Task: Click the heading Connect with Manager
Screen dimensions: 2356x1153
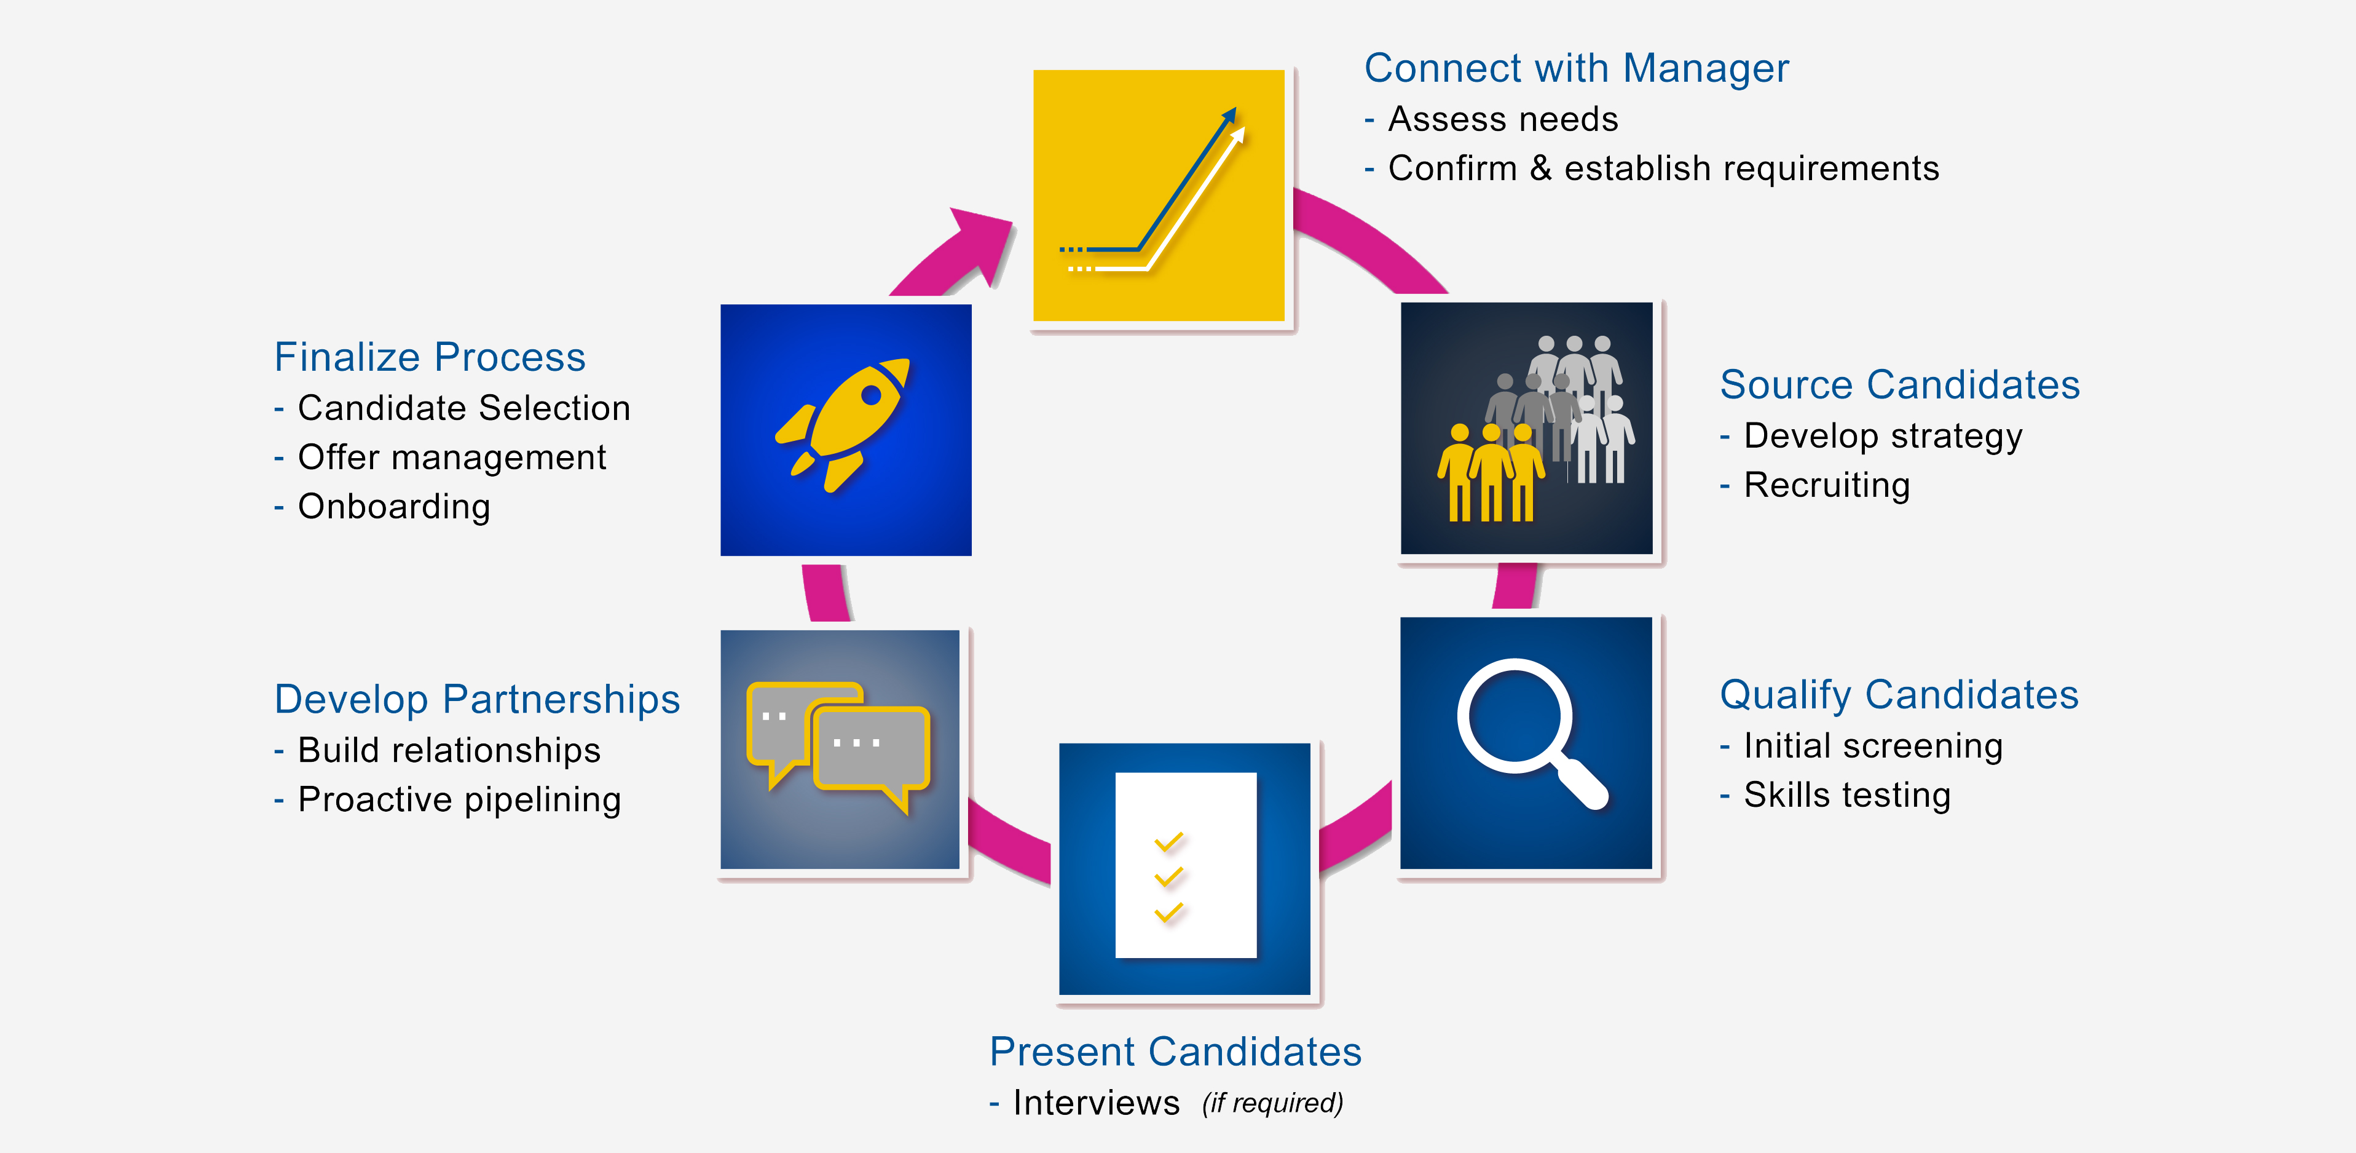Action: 1576,69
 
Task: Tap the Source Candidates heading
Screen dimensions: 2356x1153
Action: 1900,385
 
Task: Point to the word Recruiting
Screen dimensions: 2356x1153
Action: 1826,486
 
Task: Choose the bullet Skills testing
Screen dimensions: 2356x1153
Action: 1846,795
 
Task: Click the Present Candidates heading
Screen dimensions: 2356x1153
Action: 1175,1052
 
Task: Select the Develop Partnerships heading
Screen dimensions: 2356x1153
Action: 478,700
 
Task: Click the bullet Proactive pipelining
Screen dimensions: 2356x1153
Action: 459,801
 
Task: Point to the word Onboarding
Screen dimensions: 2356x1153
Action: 394,507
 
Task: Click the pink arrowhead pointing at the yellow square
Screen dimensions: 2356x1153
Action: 980,242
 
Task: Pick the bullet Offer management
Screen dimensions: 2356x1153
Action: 452,458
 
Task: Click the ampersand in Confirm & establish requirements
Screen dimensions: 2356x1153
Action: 1541,169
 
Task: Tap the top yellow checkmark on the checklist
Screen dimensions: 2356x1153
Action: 1169,842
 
